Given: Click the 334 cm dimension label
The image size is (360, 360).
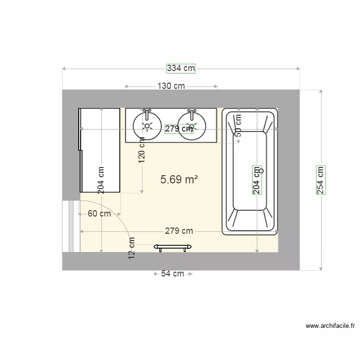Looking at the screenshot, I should (x=181, y=68).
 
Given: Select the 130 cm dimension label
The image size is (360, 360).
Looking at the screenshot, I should (x=171, y=86).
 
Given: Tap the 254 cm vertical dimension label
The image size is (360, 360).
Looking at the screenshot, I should (x=321, y=180).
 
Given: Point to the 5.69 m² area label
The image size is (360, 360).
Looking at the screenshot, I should (x=179, y=180).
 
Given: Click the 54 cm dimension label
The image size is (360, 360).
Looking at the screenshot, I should (x=172, y=274).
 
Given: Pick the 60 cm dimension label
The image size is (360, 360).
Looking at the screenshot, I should (x=99, y=214).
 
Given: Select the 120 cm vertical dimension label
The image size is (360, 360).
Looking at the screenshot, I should (x=142, y=150).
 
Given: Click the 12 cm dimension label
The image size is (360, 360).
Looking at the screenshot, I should (x=132, y=249).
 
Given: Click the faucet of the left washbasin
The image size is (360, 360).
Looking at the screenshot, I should (x=147, y=114).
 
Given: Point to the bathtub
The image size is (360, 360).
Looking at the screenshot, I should (x=250, y=192).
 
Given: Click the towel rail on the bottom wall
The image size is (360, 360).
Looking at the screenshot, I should (x=173, y=247).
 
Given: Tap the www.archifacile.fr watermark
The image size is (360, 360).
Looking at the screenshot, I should (x=330, y=326).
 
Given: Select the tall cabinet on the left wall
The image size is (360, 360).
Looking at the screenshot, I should (x=100, y=150).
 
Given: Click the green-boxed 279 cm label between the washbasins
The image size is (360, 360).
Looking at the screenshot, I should (x=179, y=129).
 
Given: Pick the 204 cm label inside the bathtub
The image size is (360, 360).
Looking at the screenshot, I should (x=257, y=180).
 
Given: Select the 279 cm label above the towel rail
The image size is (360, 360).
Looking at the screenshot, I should (x=179, y=231).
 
